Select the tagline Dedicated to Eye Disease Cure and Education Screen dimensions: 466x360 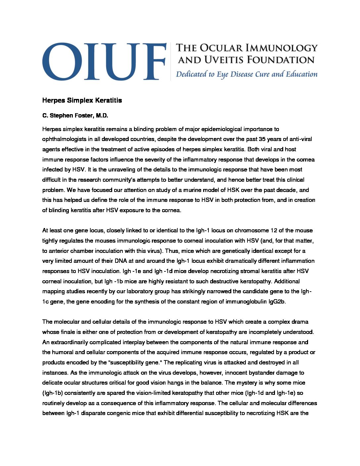click(247, 74)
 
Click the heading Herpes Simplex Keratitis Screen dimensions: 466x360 click(82, 100)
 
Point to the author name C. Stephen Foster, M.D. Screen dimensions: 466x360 click(75, 116)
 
